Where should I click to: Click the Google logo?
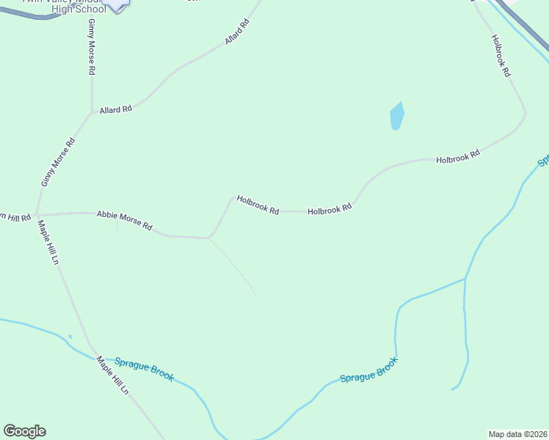tap(24, 431)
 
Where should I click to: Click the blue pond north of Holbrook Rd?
tap(397, 116)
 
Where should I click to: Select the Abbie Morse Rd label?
tap(124, 221)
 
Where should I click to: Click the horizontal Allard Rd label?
tap(116, 109)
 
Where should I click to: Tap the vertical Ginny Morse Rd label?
tap(92, 48)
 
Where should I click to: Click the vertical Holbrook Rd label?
tap(501, 57)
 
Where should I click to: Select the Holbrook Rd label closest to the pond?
tap(457, 156)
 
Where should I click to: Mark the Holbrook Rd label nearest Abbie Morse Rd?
tap(258, 205)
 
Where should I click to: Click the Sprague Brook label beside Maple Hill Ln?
tap(145, 369)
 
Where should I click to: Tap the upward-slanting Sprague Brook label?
tap(368, 370)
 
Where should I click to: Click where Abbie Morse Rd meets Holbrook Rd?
tap(210, 238)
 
